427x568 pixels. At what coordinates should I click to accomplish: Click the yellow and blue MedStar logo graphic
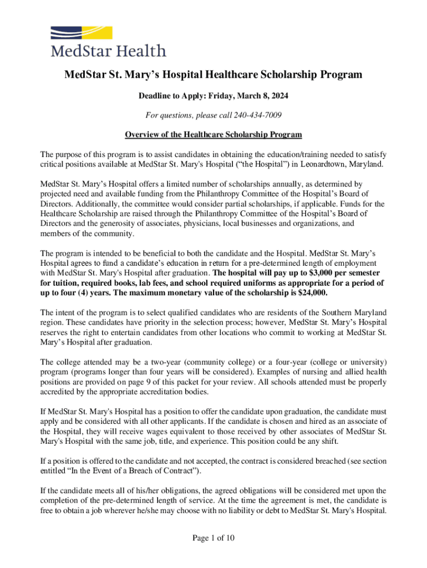pyautogui.click(x=82, y=34)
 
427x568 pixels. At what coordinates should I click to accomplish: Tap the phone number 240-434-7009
pyautogui.click(x=258, y=115)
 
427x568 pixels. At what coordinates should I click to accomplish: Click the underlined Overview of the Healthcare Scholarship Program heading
pyautogui.click(x=213, y=135)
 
